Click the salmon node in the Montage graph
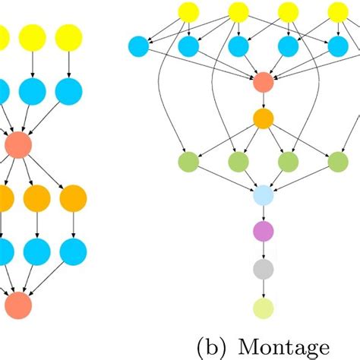pyautogui.click(x=263, y=83)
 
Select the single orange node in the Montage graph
pyautogui.click(x=263, y=119)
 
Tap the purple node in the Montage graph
pyautogui.click(x=263, y=232)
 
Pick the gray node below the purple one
pyautogui.click(x=263, y=269)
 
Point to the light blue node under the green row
pyautogui.click(x=263, y=195)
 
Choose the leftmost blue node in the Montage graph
pyautogui.click(x=139, y=46)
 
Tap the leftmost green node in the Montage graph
pyautogui.click(x=188, y=161)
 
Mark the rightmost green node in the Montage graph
pyautogui.click(x=337, y=161)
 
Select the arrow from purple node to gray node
pyautogui.click(x=263, y=251)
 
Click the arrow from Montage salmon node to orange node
pyautogui.click(x=263, y=101)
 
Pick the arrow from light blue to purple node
pyautogui.click(x=263, y=213)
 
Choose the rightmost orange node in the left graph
pyautogui.click(x=73, y=198)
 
